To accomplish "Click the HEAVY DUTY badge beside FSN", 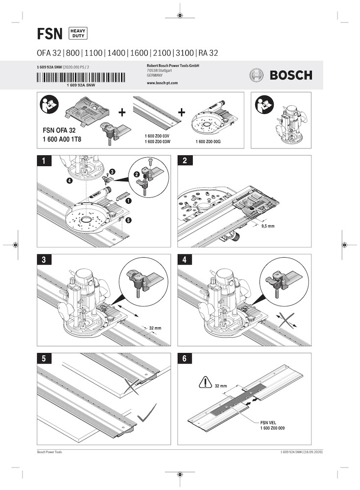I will click(x=78, y=33).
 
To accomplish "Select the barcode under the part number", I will click(x=86, y=77).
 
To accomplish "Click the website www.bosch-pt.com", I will click(x=162, y=83).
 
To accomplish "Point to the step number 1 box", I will click(x=45, y=161).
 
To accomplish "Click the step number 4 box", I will click(x=184, y=260).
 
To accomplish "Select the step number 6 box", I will click(x=184, y=359).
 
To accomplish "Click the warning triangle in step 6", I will click(x=205, y=382).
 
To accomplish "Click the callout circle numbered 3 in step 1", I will click(x=112, y=171).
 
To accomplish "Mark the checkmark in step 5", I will click(x=147, y=413).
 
